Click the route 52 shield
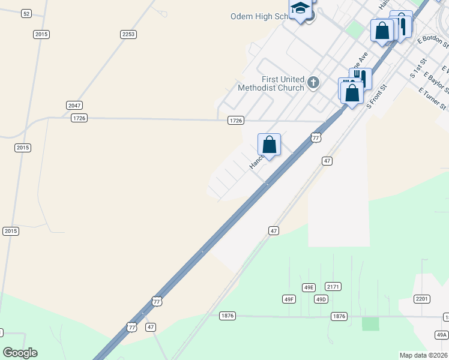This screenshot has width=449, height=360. click(x=26, y=13)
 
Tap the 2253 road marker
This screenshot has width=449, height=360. click(x=128, y=34)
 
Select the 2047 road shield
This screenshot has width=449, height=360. click(x=74, y=105)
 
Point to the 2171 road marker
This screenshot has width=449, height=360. click(x=333, y=287)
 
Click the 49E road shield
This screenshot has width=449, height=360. click(x=309, y=287)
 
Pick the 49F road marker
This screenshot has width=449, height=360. click(x=289, y=299)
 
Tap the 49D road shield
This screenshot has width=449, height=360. click(x=321, y=299)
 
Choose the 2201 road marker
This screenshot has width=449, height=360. click(x=422, y=298)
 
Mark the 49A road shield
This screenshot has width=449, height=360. click(x=442, y=335)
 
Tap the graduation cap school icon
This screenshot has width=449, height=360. click(x=300, y=9)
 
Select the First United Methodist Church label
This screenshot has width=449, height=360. click(x=271, y=83)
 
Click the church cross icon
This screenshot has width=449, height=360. click(x=313, y=83)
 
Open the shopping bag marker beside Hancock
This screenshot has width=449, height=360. click(x=270, y=145)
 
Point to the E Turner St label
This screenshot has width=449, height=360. click(x=432, y=99)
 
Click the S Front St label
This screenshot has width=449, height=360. click(x=377, y=96)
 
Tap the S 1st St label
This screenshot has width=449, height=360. click(x=418, y=68)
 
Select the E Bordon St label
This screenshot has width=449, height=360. click(x=432, y=41)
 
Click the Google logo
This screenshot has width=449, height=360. click(x=20, y=353)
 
